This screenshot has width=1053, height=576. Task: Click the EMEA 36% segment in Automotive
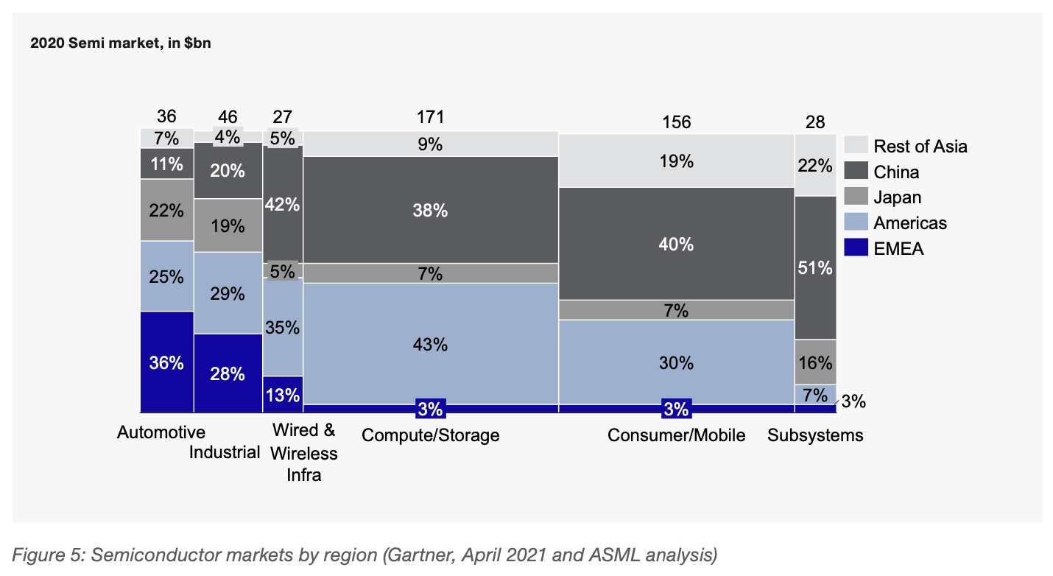(x=167, y=362)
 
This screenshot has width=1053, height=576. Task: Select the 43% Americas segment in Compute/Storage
(x=431, y=344)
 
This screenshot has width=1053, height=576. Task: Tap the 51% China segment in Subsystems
(x=816, y=268)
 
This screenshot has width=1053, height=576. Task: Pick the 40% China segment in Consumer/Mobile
(x=677, y=244)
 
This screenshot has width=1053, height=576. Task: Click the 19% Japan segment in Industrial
(x=228, y=225)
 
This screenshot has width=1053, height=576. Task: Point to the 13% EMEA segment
(x=283, y=395)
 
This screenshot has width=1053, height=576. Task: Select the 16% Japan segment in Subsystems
(x=816, y=362)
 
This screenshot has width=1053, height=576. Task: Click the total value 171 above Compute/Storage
(x=431, y=116)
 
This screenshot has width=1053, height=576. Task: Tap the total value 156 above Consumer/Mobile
(x=677, y=122)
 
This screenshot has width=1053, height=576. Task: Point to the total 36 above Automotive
(x=166, y=116)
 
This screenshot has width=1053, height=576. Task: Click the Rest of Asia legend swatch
(x=856, y=145)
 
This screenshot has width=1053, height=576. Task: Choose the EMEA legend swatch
(x=856, y=247)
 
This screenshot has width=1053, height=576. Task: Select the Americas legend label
(x=910, y=223)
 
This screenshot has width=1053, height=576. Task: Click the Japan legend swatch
(x=856, y=196)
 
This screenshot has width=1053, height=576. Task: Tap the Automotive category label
(x=161, y=432)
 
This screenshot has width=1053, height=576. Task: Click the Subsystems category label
(x=815, y=435)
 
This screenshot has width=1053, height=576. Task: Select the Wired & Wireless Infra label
(x=303, y=452)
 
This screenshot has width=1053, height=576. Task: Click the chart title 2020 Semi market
(x=121, y=43)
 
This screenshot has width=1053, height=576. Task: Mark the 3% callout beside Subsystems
(x=853, y=401)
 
